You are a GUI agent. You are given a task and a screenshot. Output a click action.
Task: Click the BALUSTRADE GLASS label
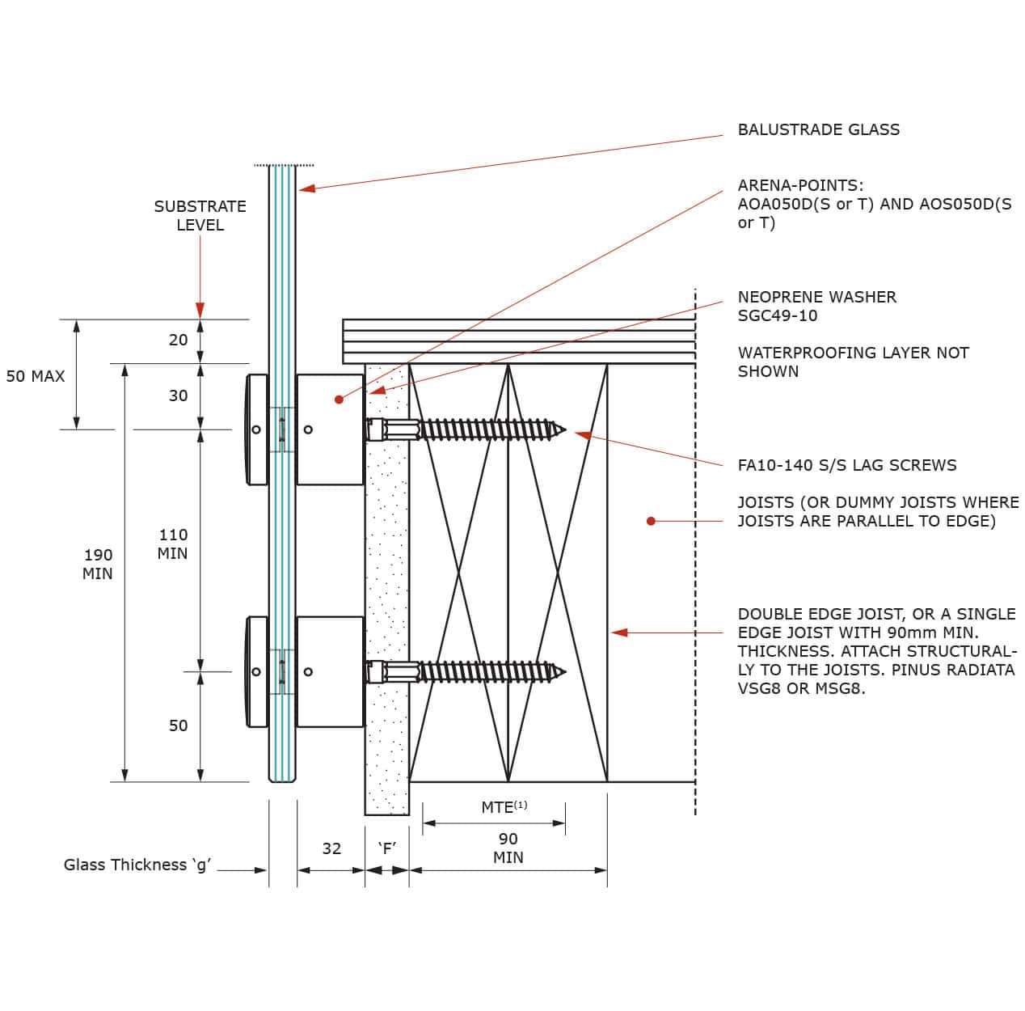[818, 129]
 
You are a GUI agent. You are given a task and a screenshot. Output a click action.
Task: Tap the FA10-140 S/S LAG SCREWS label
[846, 465]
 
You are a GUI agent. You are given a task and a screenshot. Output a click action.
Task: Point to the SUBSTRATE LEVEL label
[200, 215]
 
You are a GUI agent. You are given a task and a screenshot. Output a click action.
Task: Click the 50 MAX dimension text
[36, 376]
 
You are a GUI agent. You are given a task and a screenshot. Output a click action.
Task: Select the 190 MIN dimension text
[98, 564]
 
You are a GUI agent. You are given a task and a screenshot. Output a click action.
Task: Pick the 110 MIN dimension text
[173, 544]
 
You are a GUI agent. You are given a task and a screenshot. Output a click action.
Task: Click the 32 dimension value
[331, 848]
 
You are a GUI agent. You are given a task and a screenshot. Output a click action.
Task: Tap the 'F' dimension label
[387, 848]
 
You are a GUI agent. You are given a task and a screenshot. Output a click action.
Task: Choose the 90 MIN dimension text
[508, 848]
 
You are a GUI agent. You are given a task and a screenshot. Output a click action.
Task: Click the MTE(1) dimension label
[504, 807]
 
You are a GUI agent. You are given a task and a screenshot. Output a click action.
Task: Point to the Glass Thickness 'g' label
[137, 865]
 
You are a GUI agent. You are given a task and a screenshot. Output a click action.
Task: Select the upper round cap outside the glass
[257, 429]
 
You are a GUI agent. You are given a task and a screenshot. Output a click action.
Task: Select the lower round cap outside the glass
[257, 671]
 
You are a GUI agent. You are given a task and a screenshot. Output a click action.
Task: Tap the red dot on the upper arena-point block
[339, 400]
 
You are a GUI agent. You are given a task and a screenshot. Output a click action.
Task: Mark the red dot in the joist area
[651, 521]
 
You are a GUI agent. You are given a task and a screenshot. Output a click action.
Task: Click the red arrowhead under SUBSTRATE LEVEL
[200, 311]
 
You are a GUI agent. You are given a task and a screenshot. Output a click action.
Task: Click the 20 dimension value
[178, 341]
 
